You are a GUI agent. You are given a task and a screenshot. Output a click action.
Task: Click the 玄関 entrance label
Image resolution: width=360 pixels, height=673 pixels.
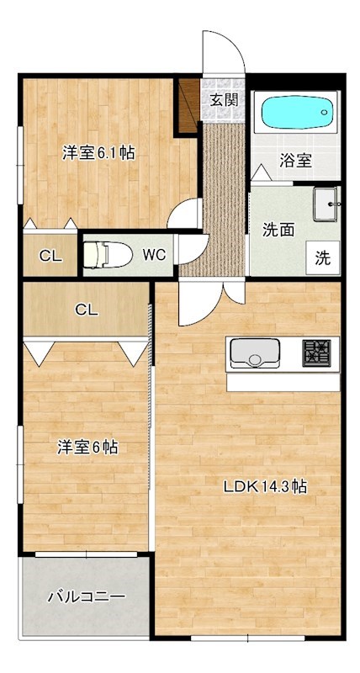coord(223,99)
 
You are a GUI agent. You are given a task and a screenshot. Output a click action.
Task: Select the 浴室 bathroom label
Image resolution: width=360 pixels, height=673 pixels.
coord(295,160)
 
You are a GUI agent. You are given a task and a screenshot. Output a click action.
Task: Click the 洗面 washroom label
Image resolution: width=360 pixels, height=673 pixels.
coord(278,228)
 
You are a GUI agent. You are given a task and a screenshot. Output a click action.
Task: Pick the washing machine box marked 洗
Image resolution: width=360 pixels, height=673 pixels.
coord(323,258)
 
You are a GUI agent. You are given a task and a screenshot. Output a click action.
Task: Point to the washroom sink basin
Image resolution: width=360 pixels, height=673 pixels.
coord(324,204)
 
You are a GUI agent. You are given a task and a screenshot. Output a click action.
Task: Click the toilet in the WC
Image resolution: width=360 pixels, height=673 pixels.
coord(104,253)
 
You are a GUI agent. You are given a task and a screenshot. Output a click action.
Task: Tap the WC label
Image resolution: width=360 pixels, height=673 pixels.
coord(153,254)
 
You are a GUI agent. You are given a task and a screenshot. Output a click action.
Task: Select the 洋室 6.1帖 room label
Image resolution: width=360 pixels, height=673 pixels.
coord(99,153)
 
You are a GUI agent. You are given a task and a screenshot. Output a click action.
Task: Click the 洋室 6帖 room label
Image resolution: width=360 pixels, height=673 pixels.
coord(87,448)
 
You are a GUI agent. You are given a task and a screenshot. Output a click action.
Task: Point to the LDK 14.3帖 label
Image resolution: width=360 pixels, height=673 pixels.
coord(262,487)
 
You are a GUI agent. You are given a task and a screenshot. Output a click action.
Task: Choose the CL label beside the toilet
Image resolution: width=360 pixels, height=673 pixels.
coord(50,257)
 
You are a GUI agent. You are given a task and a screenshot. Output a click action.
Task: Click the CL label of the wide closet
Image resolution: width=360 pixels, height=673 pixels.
coord(86,310)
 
